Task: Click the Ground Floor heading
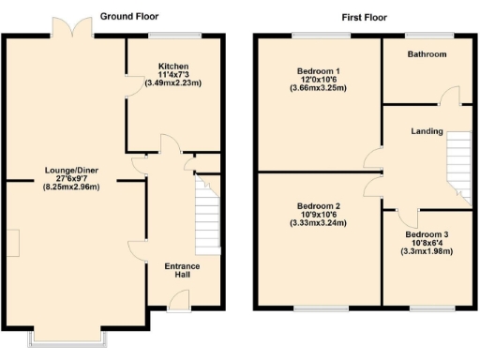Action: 129,17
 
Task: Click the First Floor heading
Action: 364,17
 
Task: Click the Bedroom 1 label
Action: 318,71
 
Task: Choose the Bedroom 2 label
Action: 318,206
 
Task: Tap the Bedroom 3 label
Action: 427,234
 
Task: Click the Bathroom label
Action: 427,54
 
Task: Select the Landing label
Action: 427,130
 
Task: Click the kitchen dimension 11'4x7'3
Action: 172,75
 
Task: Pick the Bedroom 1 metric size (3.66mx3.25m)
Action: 318,89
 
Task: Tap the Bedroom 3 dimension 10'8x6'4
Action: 427,243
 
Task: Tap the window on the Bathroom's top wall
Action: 427,36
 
